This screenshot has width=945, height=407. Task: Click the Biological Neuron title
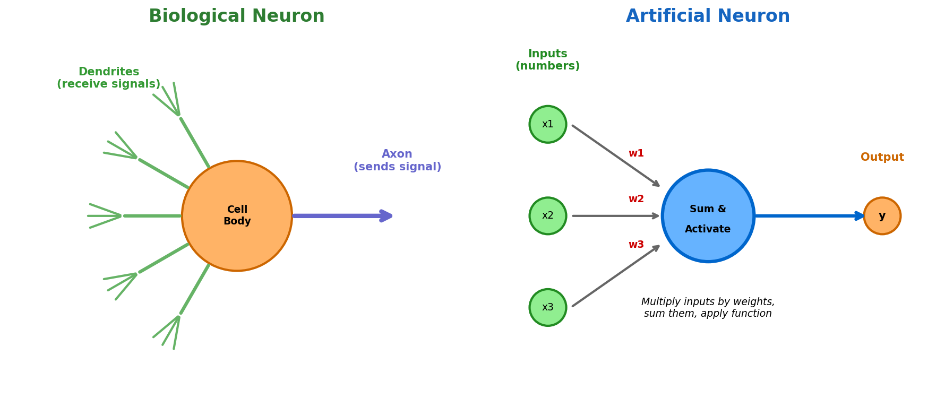pyautogui.click(x=236, y=16)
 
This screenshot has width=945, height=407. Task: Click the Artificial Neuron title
pyautogui.click(x=708, y=16)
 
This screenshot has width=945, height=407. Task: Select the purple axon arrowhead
pyautogui.click(x=386, y=216)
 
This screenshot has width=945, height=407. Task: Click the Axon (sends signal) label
pyautogui.click(x=397, y=160)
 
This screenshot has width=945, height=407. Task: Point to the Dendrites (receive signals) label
pyautogui.click(x=108, y=78)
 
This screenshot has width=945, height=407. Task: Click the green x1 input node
pyautogui.click(x=548, y=124)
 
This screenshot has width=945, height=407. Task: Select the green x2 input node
pyautogui.click(x=548, y=216)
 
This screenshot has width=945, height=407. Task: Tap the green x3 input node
pyautogui.click(x=548, y=307)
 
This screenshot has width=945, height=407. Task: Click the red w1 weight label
pyautogui.click(x=636, y=153)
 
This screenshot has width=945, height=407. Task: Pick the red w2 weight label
pyautogui.click(x=636, y=199)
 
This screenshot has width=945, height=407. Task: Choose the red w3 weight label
pyautogui.click(x=636, y=245)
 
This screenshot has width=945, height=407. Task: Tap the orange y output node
pyautogui.click(x=882, y=216)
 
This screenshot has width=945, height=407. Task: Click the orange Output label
pyautogui.click(x=882, y=158)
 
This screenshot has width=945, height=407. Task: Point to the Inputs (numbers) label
pyautogui.click(x=547, y=60)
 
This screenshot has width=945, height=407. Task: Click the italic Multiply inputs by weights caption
pyautogui.click(x=708, y=308)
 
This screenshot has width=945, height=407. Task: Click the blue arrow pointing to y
pyautogui.click(x=807, y=216)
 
